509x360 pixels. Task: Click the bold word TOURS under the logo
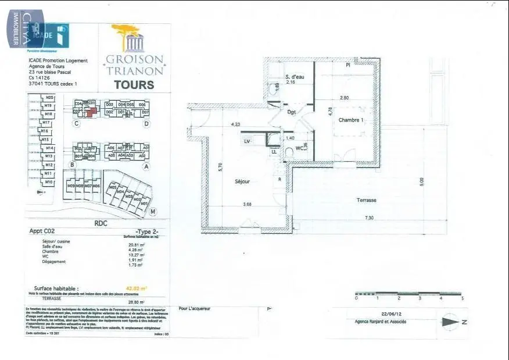[x=134, y=85]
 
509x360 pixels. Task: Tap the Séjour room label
[x=242, y=181]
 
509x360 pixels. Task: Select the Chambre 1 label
[x=351, y=120]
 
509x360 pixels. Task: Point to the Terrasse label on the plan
[x=366, y=200]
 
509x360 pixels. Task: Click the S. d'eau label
[x=295, y=77]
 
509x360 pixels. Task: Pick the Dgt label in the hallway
[x=292, y=112]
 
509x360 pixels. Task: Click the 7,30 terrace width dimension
[x=369, y=218]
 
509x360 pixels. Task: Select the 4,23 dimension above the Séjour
[x=235, y=124]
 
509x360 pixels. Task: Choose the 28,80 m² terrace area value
[x=135, y=302]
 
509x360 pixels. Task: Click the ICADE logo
[x=56, y=35]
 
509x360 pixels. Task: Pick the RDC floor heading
[x=101, y=222]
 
